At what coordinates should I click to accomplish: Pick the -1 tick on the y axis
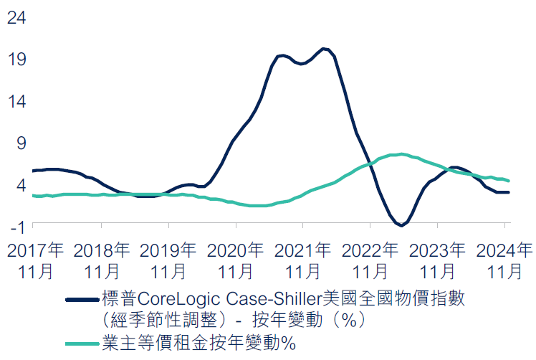(17, 226)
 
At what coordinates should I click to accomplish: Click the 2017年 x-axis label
(35, 251)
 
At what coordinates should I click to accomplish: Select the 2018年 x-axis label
(102, 251)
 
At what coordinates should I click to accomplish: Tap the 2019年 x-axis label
(168, 251)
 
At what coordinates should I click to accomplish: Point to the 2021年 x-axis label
(303, 251)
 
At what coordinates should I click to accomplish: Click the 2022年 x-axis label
(370, 251)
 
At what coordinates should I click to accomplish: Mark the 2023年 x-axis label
(437, 251)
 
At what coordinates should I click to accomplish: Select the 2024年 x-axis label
(504, 251)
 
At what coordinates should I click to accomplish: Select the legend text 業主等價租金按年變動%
(198, 343)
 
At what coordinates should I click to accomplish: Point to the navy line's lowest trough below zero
(403, 225)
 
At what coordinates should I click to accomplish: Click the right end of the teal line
(508, 181)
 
